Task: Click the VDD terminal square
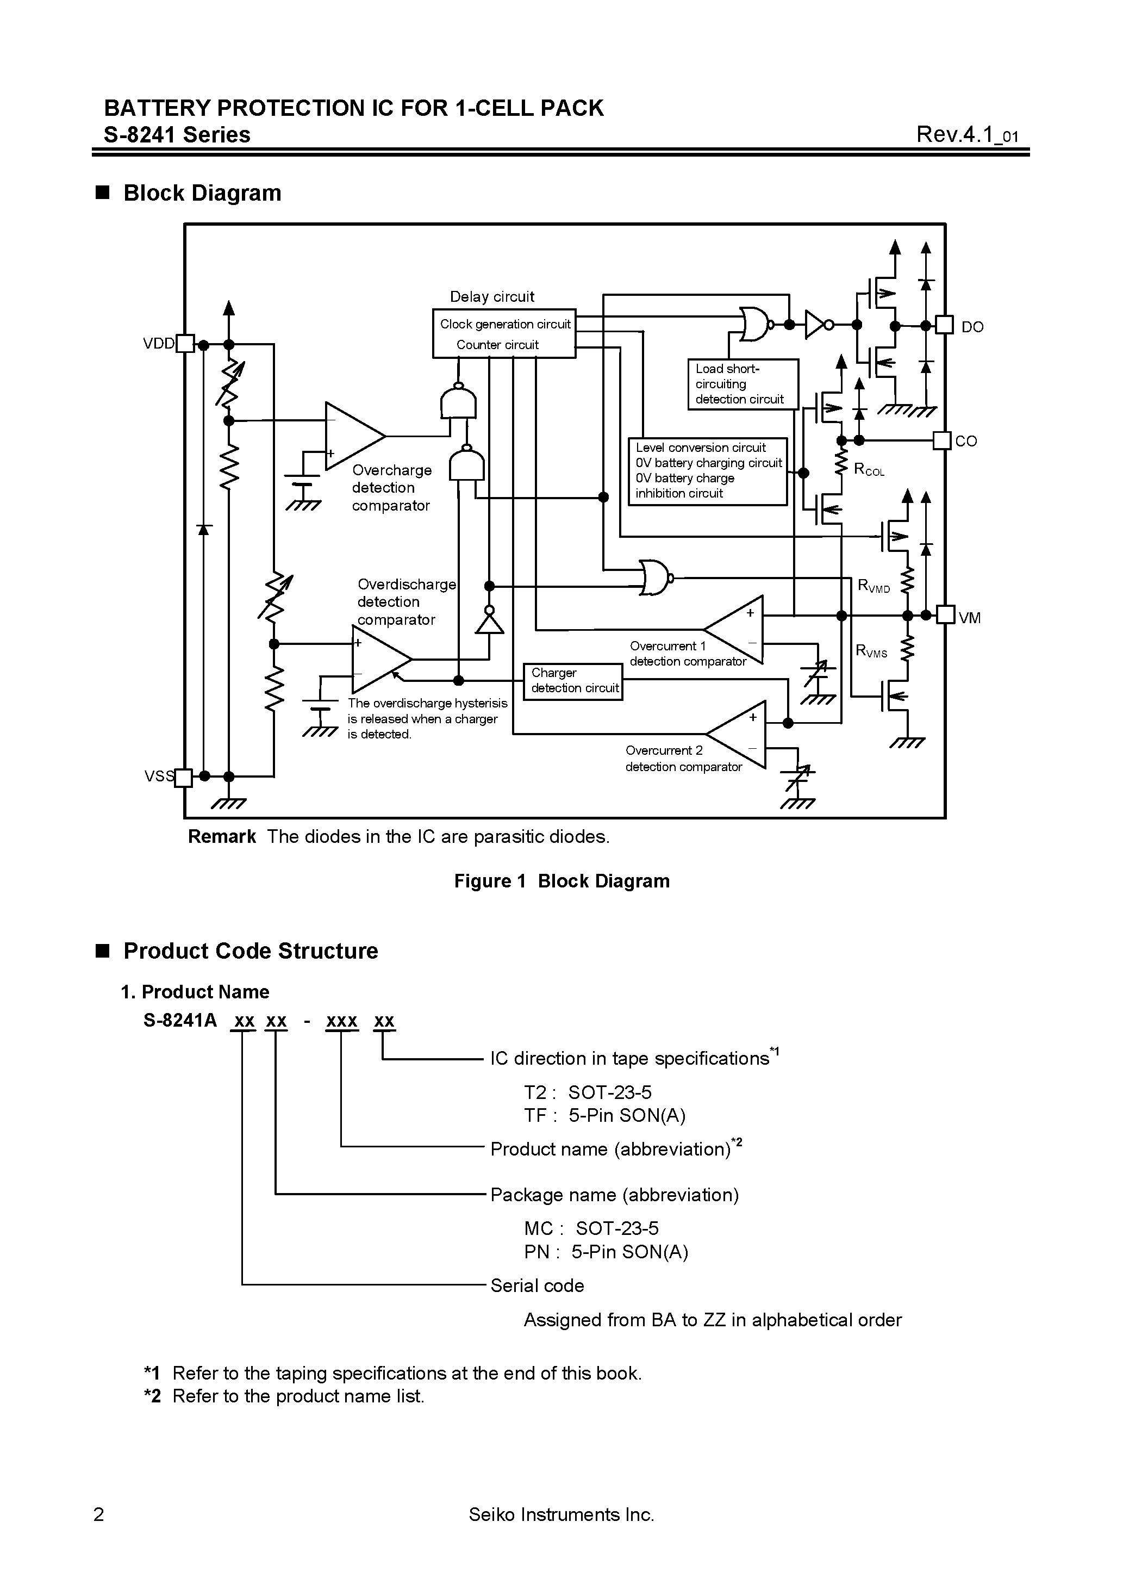click(x=185, y=344)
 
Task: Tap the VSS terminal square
click(x=183, y=778)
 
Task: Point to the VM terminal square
click(x=946, y=614)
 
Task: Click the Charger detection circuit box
click(x=572, y=681)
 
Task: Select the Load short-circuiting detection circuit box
click(x=742, y=384)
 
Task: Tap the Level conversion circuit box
click(x=708, y=471)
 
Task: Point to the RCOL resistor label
click(x=869, y=469)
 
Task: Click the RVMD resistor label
click(x=873, y=586)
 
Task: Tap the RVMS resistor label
click(x=871, y=651)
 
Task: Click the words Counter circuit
click(x=497, y=345)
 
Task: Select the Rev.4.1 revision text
click(x=966, y=134)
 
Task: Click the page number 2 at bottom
click(x=99, y=1514)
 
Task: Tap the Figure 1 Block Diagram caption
click(x=561, y=881)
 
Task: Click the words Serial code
click(x=537, y=1286)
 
